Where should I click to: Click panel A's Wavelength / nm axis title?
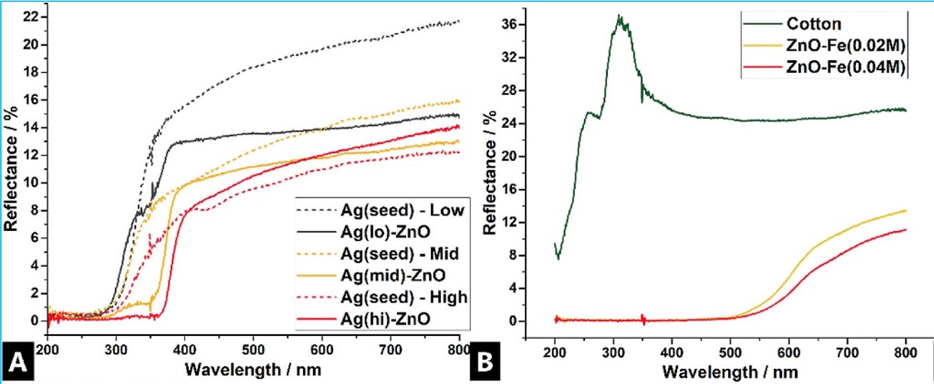253,368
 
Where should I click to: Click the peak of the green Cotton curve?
618,16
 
